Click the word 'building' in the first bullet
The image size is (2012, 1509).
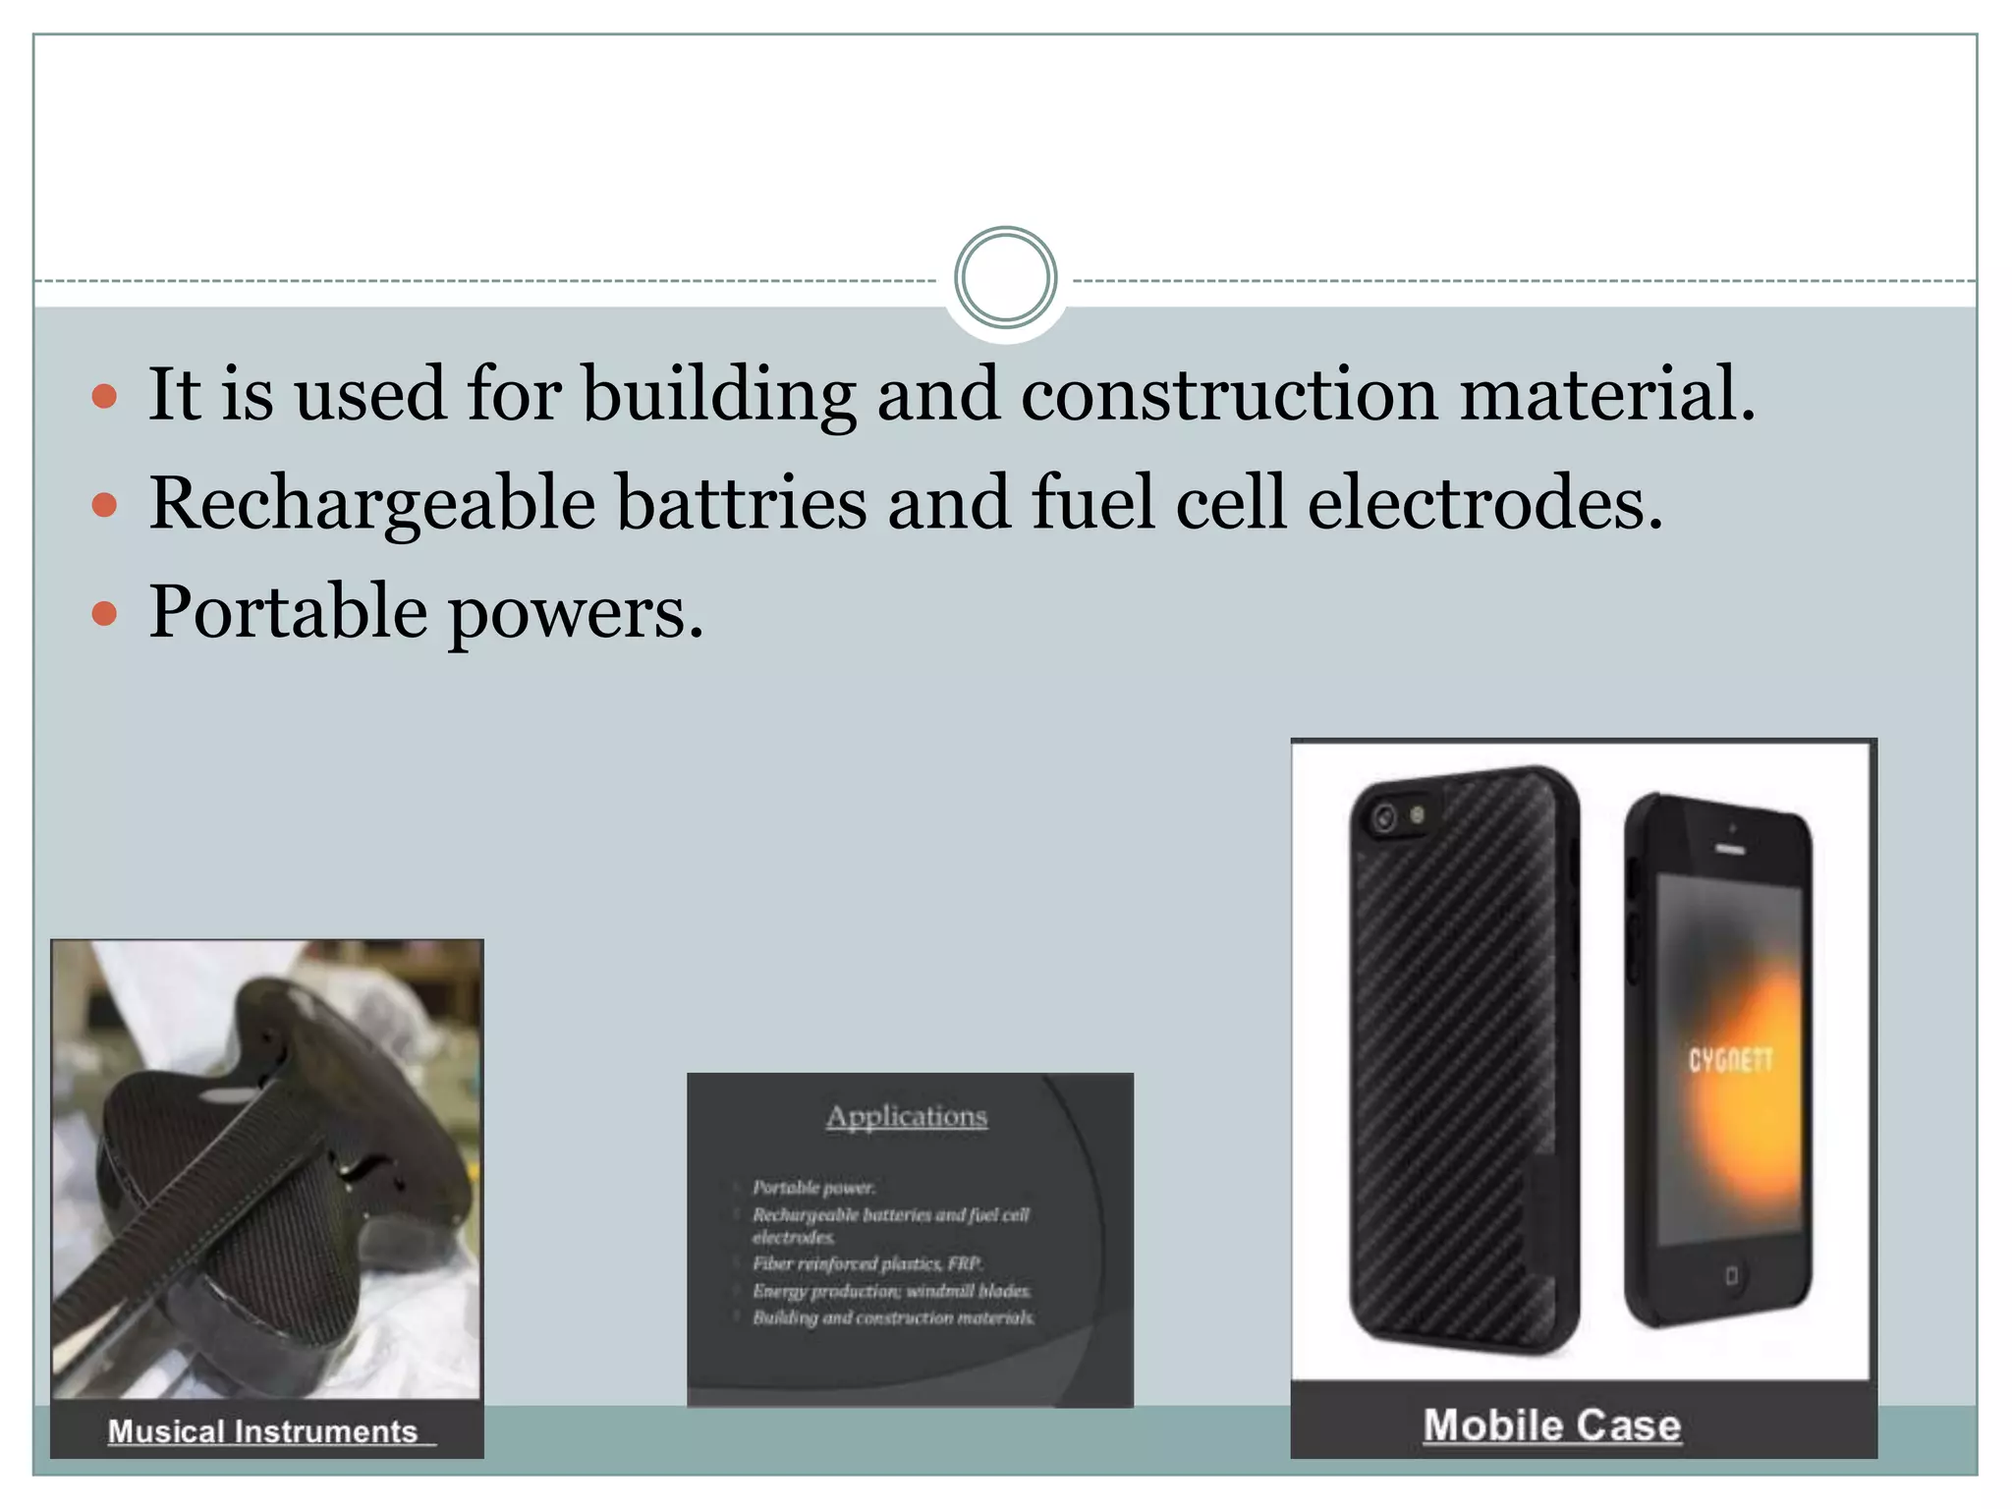click(718, 395)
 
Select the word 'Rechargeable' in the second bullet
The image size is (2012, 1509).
click(372, 504)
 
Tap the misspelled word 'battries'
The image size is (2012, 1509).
click(742, 504)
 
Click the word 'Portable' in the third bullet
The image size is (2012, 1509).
click(288, 612)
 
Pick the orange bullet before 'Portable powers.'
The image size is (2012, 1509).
click(104, 615)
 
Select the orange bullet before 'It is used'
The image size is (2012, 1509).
click(104, 398)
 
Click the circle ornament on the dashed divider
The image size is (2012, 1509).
click(1005, 278)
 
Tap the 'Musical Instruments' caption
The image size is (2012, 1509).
click(263, 1431)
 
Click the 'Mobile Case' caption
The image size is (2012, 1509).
click(1552, 1425)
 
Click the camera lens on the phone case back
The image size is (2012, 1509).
click(1385, 817)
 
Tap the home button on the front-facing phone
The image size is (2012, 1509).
click(1731, 1276)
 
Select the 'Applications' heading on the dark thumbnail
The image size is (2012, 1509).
click(907, 1117)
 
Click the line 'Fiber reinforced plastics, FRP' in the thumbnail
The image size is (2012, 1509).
click(867, 1264)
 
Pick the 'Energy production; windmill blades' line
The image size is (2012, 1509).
click(891, 1291)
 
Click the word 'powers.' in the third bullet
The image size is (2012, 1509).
click(577, 612)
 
